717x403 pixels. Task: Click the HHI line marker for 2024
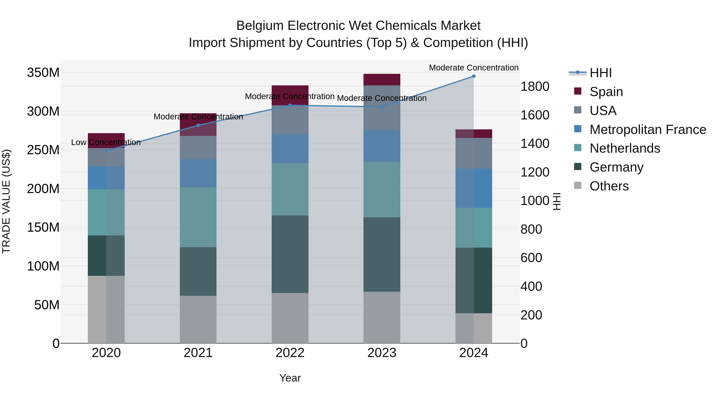tap(474, 76)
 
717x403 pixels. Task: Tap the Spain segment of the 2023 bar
tap(382, 80)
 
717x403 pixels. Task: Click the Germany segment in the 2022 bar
tap(290, 254)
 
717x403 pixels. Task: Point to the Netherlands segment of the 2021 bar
tap(198, 217)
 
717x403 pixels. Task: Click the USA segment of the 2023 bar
tap(382, 108)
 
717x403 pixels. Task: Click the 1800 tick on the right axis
tap(535, 87)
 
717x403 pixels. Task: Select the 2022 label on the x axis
tap(290, 353)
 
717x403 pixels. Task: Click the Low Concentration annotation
tap(106, 142)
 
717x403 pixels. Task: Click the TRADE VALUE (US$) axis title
tap(6, 201)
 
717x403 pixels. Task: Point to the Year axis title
tap(290, 378)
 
